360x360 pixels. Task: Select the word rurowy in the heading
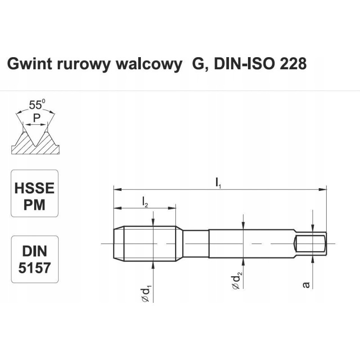77,64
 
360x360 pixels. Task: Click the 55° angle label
37,105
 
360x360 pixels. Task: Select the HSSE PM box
35,193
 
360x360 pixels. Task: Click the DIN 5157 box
35,259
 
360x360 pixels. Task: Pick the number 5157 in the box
35,268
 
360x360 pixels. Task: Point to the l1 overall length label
218,183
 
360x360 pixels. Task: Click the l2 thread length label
145,203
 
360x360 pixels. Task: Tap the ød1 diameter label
145,292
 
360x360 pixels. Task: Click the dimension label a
306,285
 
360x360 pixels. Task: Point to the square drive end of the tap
310,243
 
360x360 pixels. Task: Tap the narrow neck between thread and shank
196,243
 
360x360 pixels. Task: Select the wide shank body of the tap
250,243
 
